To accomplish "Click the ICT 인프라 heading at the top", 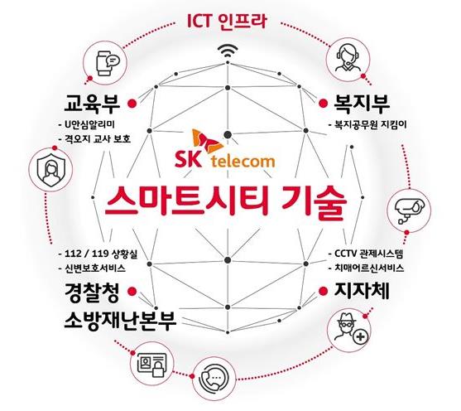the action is [x=227, y=21].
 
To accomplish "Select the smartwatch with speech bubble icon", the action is [x=108, y=63].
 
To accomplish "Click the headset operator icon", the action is [x=348, y=58].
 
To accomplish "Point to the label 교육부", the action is [x=92, y=104].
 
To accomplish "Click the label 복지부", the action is [x=363, y=104].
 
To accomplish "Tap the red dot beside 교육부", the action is [x=132, y=103].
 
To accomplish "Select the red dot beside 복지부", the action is [x=324, y=103].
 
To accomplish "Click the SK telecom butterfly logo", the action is [x=207, y=142].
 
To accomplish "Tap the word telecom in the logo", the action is [x=243, y=162].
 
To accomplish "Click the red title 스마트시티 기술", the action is [x=226, y=201].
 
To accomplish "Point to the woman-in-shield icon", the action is [x=50, y=170].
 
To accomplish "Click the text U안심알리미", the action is [x=87, y=124].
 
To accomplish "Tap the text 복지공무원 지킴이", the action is [x=367, y=124].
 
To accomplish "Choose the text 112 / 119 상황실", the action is [x=98, y=254].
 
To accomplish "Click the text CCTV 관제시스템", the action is [x=366, y=254].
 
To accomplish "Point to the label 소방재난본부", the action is [x=120, y=320].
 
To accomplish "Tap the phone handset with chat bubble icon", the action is [x=215, y=377].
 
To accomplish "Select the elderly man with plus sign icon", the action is [x=352, y=328].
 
